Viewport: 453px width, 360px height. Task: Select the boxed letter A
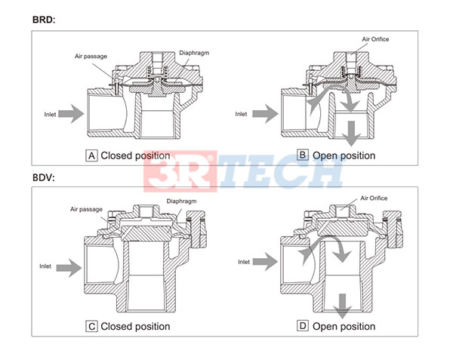tap(93, 155)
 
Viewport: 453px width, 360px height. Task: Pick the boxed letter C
tap(91, 326)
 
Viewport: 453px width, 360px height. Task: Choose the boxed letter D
tap(303, 326)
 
